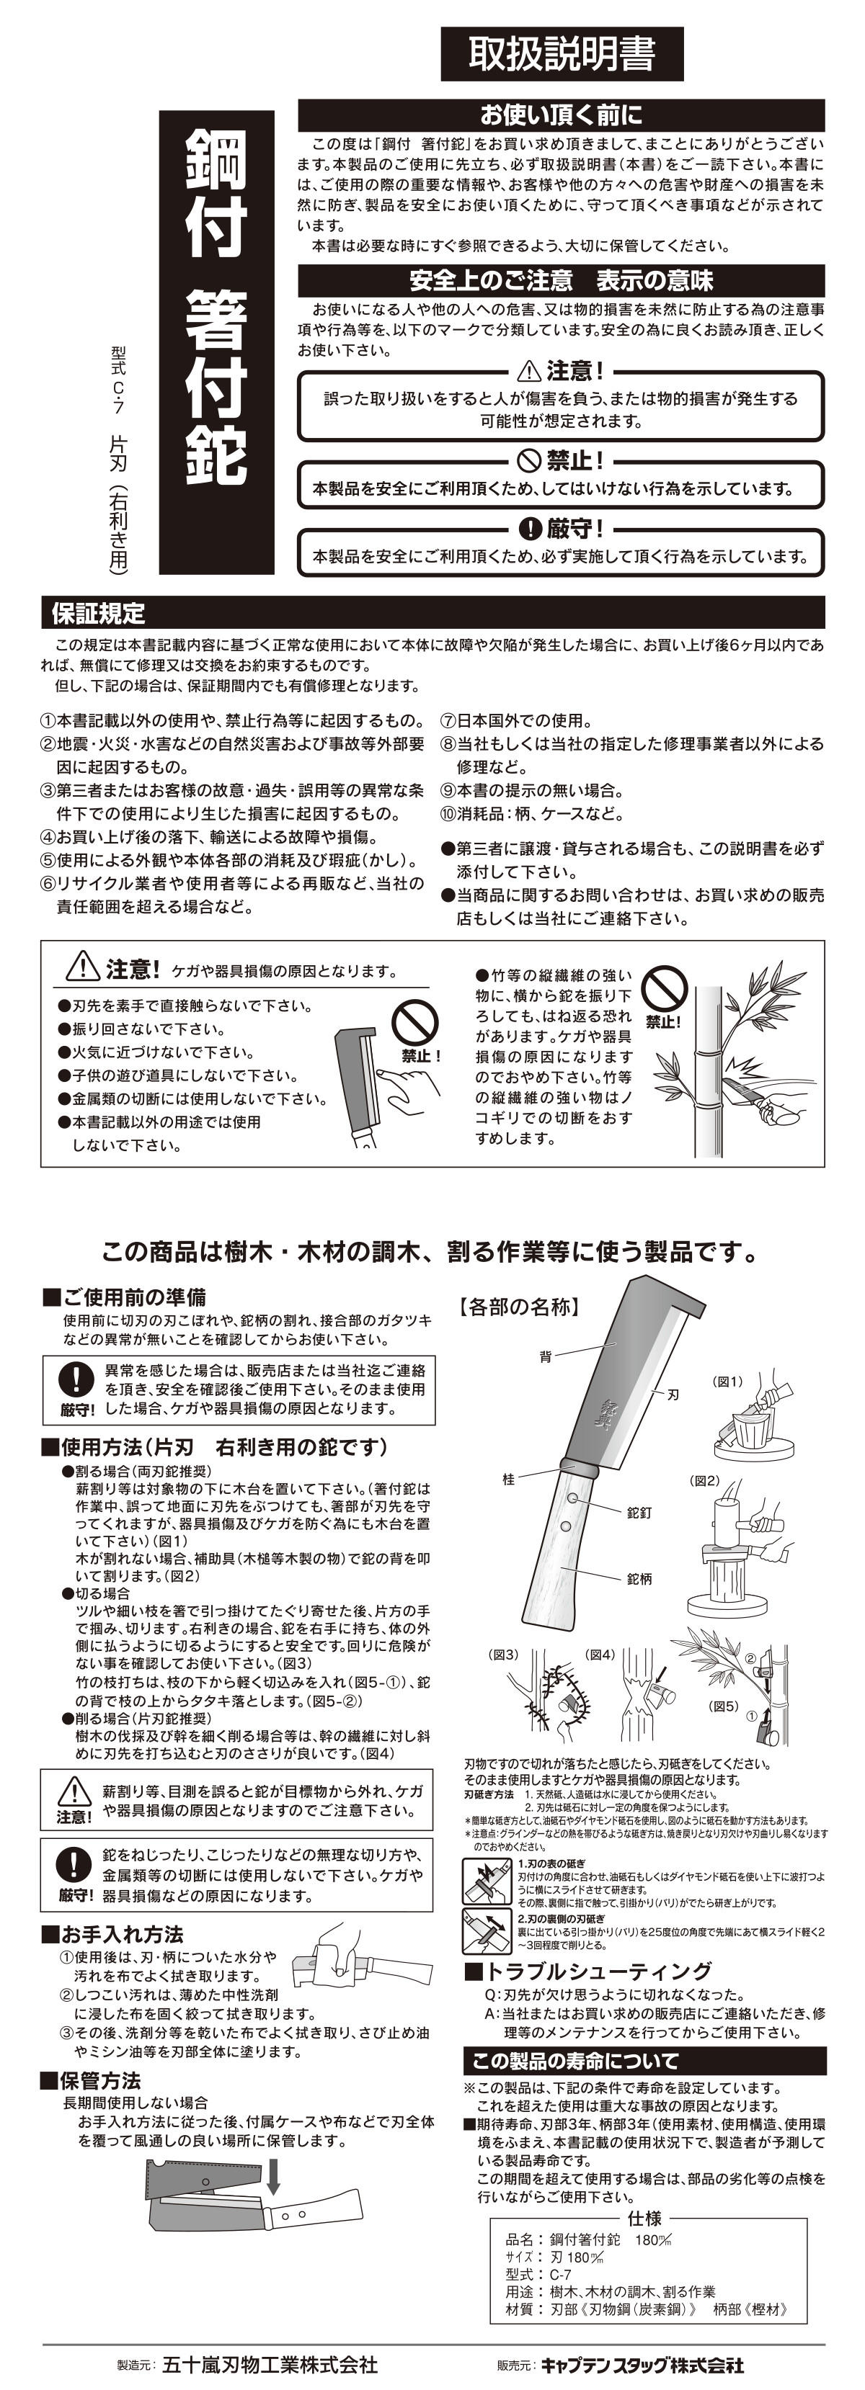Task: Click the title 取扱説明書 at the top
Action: [562, 55]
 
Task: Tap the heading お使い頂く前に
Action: [561, 115]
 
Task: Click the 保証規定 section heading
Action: [98, 613]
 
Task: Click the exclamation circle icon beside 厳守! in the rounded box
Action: [529, 529]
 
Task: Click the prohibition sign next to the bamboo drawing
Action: [665, 989]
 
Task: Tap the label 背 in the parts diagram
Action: [546, 1356]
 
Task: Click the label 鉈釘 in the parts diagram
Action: [639, 1513]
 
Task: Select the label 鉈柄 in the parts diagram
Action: [639, 1578]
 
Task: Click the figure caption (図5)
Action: [723, 1705]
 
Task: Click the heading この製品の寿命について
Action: [575, 2062]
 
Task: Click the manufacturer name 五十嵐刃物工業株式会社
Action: [269, 2364]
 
